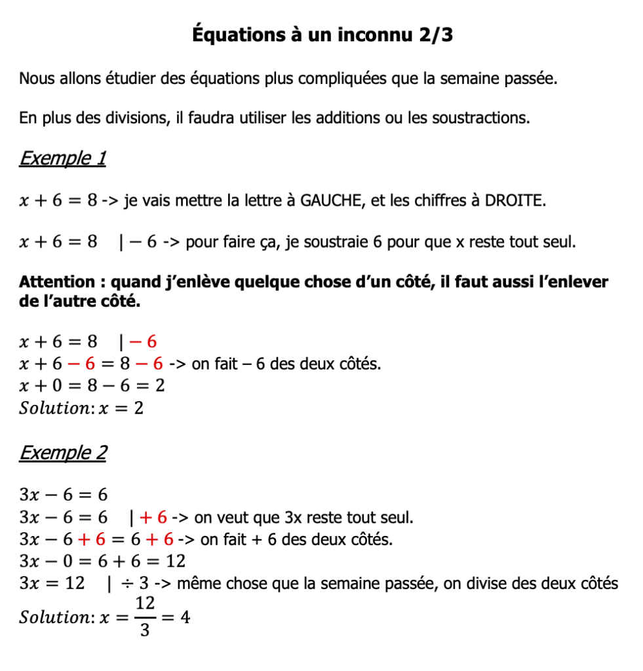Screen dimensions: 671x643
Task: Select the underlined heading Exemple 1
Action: point(62,159)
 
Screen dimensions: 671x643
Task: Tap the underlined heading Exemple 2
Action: point(63,453)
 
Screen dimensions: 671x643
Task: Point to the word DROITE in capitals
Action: point(514,201)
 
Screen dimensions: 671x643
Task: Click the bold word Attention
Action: point(57,282)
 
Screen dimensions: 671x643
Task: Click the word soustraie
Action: point(335,242)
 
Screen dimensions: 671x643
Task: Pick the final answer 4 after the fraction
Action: point(185,617)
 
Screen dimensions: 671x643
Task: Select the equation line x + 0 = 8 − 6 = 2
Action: point(92,386)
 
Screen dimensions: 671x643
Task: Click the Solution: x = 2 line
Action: point(81,408)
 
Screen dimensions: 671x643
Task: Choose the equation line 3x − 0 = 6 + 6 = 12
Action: point(102,562)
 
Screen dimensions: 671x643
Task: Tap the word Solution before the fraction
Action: point(55,617)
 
